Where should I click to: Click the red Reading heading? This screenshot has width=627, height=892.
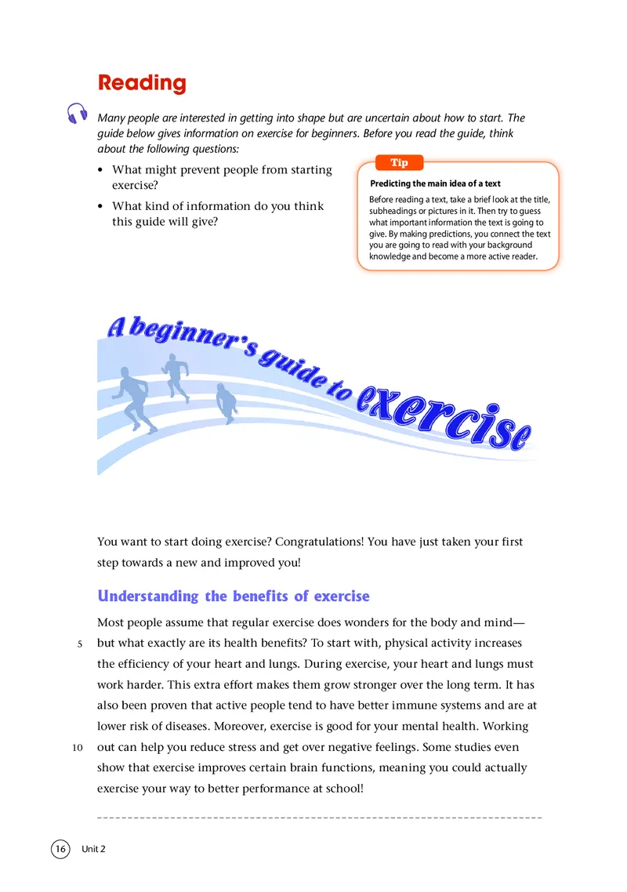point(142,83)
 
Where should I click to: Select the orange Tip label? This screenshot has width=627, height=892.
point(399,162)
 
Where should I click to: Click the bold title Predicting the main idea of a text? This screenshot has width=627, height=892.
point(435,184)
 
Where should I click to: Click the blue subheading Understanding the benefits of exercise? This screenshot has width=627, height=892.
point(233,596)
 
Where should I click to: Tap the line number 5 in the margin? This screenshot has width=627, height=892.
point(80,644)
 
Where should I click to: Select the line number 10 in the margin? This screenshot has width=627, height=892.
point(78,746)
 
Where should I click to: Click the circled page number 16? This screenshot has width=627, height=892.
point(60,849)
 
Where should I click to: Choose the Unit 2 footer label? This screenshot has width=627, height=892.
point(93,849)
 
